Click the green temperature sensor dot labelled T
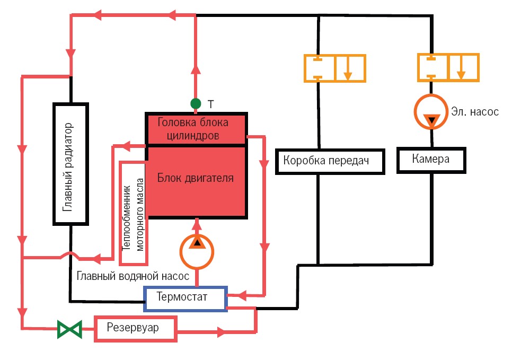196,102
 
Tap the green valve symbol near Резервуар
69,329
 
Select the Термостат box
186,298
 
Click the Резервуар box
135,328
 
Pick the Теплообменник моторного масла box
134,213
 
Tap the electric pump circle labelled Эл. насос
431,112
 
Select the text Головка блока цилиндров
193,129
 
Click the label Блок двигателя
196,178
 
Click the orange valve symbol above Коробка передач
334,67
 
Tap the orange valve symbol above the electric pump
448,67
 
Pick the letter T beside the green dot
210,104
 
